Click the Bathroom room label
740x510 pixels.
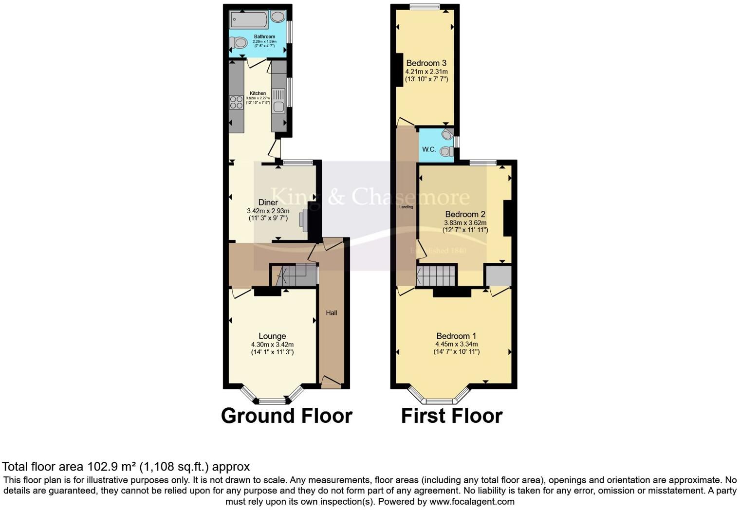[x=264, y=36]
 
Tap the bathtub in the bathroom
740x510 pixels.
[x=249, y=20]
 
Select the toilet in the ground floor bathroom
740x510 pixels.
[x=238, y=43]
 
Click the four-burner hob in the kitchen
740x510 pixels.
[x=236, y=102]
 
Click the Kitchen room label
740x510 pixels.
[x=258, y=93]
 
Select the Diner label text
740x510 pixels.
[x=268, y=202]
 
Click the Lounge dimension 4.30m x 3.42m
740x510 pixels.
[x=272, y=344]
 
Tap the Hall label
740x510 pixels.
[x=332, y=313]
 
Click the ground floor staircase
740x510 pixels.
[x=294, y=275]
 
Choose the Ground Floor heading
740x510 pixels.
[x=286, y=416]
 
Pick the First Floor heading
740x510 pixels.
[x=451, y=416]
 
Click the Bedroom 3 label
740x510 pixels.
[x=426, y=63]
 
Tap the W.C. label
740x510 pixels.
[x=429, y=149]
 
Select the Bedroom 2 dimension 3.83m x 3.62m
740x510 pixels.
[x=465, y=222]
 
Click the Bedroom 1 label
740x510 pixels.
[x=456, y=336]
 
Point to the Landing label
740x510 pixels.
[x=406, y=207]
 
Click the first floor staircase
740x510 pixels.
[x=436, y=275]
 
